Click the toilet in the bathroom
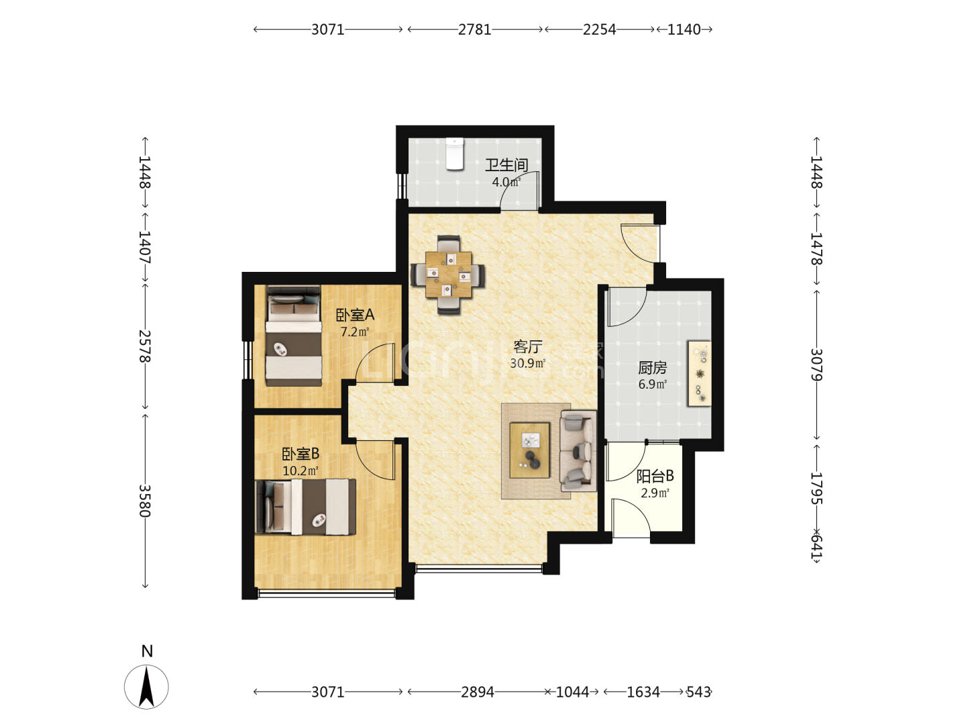click(455, 154)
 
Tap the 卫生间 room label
click(506, 165)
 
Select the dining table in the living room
click(448, 275)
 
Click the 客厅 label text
click(527, 347)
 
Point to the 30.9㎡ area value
click(528, 363)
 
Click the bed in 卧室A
click(294, 336)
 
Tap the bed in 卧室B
click(305, 507)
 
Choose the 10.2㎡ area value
click(300, 471)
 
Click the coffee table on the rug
click(529, 450)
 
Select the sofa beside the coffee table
click(578, 451)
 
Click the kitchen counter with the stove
click(699, 373)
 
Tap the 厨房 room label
click(652, 368)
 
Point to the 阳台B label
click(655, 476)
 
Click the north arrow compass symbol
click(146, 687)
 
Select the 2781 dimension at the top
click(474, 29)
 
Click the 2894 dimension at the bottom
click(477, 692)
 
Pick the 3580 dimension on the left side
click(145, 501)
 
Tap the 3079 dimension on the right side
click(816, 365)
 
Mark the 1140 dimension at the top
click(684, 29)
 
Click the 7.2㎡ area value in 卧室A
click(355, 332)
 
